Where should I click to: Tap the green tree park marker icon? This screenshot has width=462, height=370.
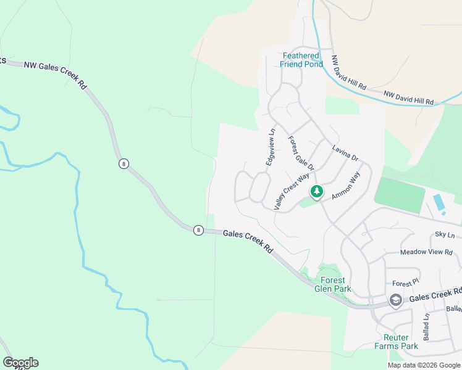[317, 192]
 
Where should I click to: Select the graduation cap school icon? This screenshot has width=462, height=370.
[395, 300]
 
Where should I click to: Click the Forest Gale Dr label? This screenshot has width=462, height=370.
[301, 154]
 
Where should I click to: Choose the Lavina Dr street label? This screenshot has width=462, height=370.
[345, 153]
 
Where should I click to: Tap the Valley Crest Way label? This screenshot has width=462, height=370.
[291, 192]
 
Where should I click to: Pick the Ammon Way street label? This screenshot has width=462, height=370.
[346, 186]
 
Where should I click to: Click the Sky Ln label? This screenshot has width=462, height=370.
[444, 234]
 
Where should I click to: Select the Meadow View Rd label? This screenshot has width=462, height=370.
[426, 252]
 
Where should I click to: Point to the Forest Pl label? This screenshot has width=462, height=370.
[405, 283]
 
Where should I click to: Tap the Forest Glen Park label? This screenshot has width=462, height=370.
[332, 284]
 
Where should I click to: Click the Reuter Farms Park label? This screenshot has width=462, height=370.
[396, 342]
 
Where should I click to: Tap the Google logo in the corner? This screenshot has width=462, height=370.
[20, 363]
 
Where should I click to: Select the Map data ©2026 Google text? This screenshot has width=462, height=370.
[424, 365]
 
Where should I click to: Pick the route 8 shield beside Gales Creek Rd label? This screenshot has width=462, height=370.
[198, 230]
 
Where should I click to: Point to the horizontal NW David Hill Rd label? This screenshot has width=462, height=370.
[408, 97]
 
